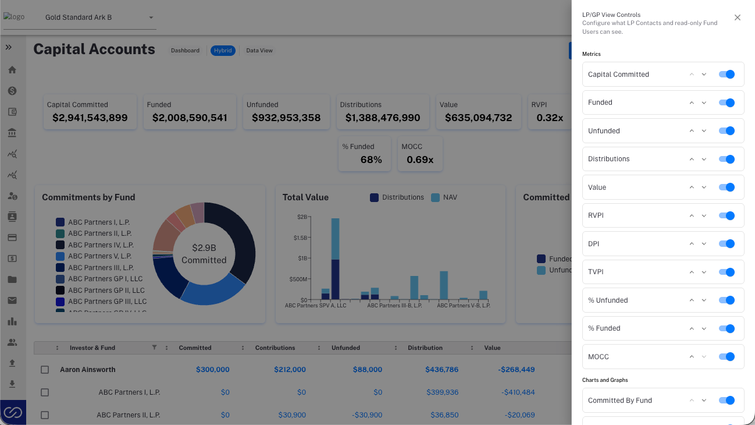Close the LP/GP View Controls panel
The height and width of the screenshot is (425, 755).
point(737,17)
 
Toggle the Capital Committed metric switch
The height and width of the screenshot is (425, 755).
point(726,74)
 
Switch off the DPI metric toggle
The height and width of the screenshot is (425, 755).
point(726,243)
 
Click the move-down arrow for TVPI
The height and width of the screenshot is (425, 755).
point(704,272)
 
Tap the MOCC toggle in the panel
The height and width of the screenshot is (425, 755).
point(726,356)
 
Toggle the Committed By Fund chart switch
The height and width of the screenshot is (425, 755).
point(726,401)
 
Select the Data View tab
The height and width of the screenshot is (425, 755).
point(259,51)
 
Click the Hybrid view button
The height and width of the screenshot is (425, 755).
point(223,51)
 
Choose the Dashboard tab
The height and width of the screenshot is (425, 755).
point(185,51)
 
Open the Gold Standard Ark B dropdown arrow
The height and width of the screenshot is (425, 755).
point(151,17)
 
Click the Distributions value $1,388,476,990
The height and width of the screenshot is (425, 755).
point(383,118)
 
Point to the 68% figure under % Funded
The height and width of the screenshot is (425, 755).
point(371,160)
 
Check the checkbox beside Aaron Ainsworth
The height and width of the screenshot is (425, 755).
point(45,370)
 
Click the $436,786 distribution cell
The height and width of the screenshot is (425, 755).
point(441,370)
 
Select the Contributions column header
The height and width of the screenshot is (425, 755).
point(275,348)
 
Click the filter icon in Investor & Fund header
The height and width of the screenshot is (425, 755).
point(154,348)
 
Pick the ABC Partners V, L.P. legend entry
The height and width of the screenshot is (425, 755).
point(94,256)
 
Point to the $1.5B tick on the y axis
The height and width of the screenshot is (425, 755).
point(300,238)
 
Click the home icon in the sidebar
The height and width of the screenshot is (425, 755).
point(12,70)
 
